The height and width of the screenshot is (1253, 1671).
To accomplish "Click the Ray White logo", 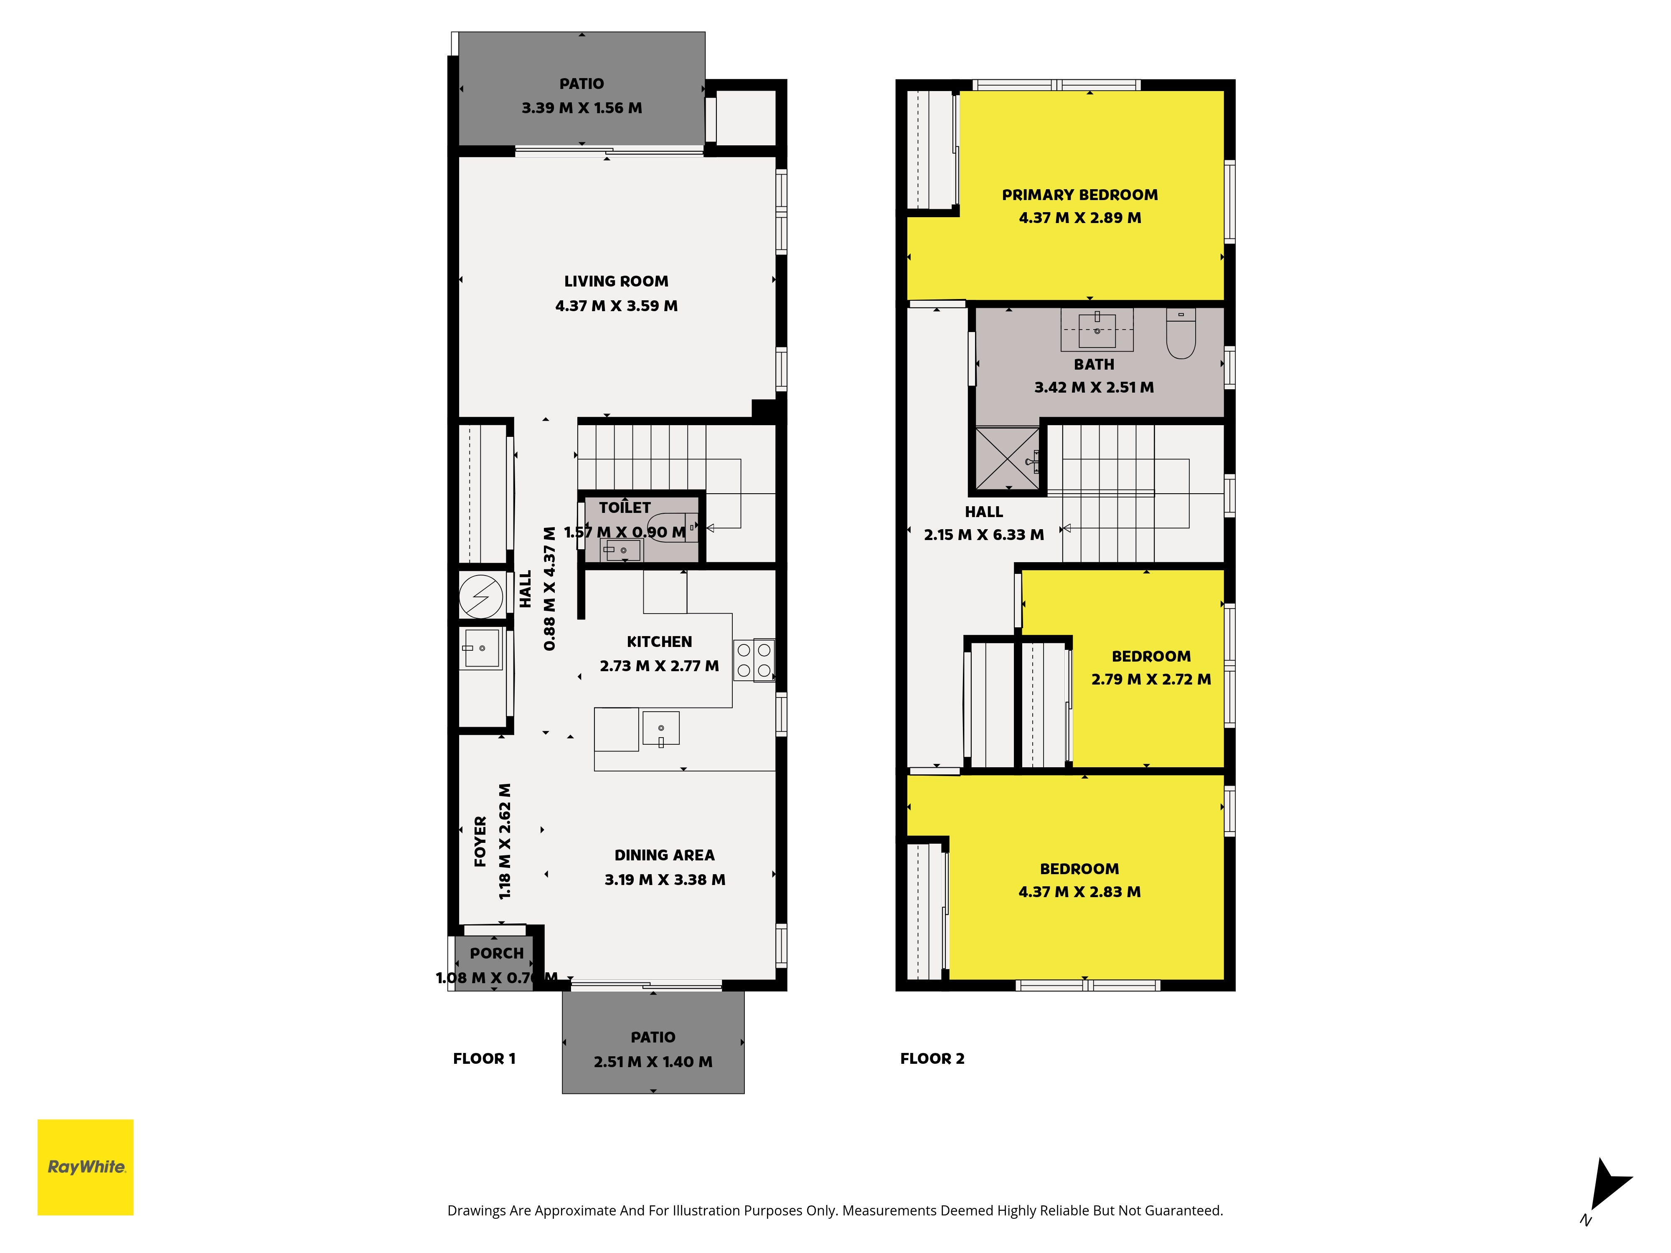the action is tap(85, 1167).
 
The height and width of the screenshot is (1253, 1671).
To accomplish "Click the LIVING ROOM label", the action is tap(617, 281).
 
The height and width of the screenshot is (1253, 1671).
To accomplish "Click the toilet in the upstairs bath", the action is tap(1181, 332).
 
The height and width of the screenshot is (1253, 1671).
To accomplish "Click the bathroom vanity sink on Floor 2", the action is tap(1097, 329).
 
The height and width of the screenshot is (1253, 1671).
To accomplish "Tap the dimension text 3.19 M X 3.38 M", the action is tap(665, 880).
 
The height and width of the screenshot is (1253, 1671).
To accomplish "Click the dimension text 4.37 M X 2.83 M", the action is tap(1079, 892).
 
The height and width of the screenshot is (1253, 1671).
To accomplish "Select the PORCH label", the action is tap(496, 953).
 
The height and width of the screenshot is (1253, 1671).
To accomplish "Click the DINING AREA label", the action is tap(665, 855).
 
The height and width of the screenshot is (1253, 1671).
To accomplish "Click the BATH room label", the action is tap(1094, 365).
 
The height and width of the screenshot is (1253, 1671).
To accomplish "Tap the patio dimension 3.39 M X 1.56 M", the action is tap(582, 108).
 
